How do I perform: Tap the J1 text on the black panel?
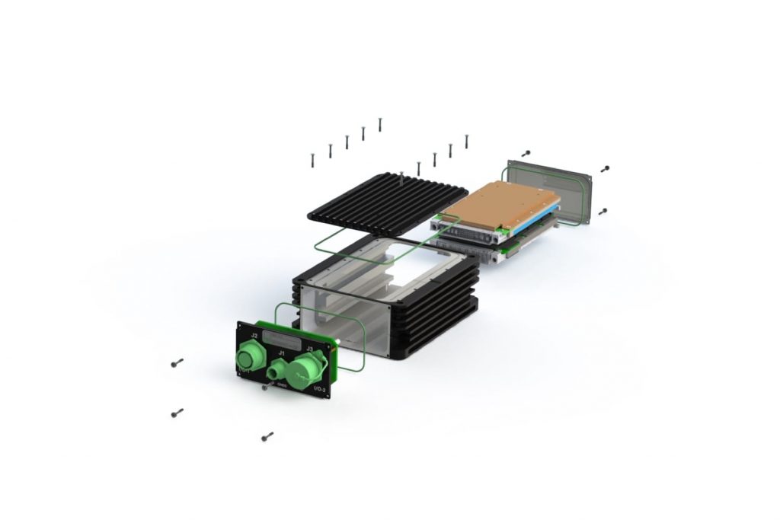(281, 353)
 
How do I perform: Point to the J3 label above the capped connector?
(308, 349)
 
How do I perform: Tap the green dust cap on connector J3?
(302, 370)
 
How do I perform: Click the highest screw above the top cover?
(379, 124)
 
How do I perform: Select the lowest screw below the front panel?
(267, 437)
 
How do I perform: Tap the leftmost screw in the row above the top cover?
(312, 159)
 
